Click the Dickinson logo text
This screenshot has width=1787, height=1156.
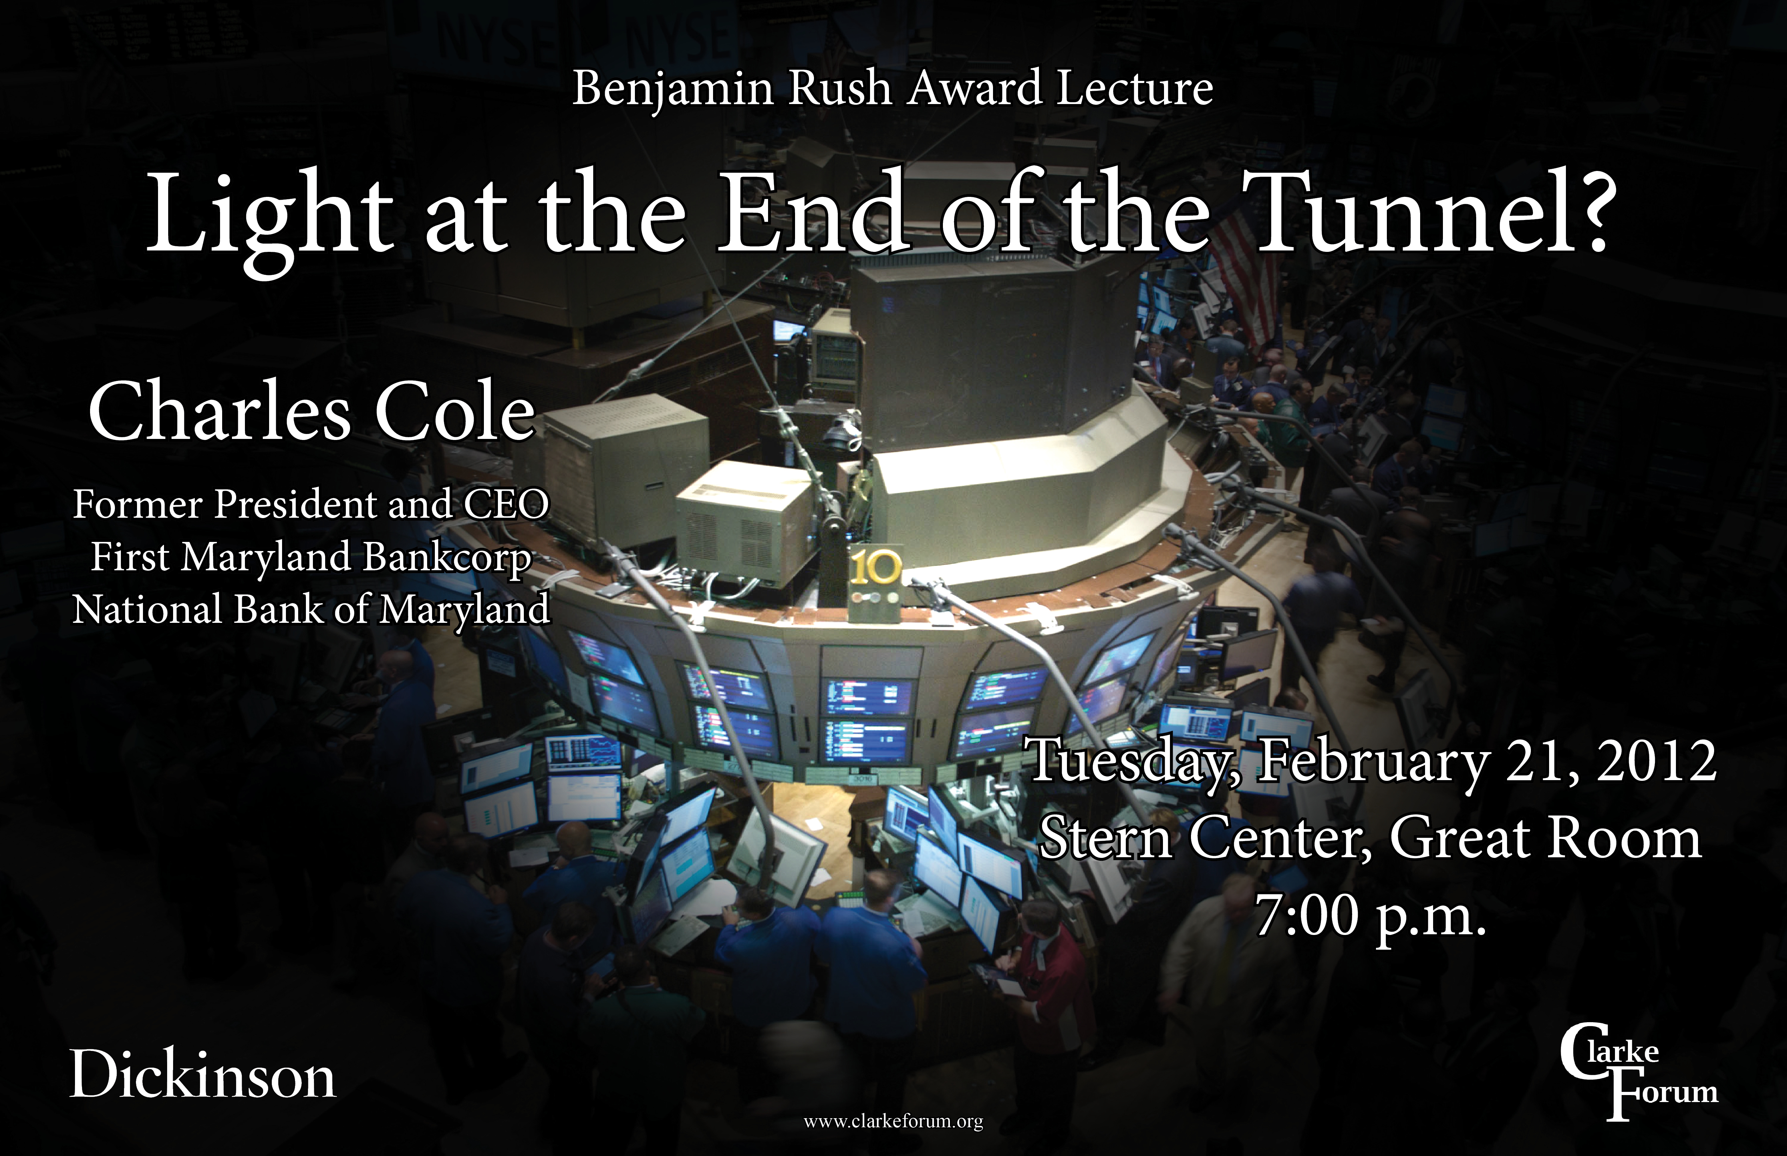(203, 1075)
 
